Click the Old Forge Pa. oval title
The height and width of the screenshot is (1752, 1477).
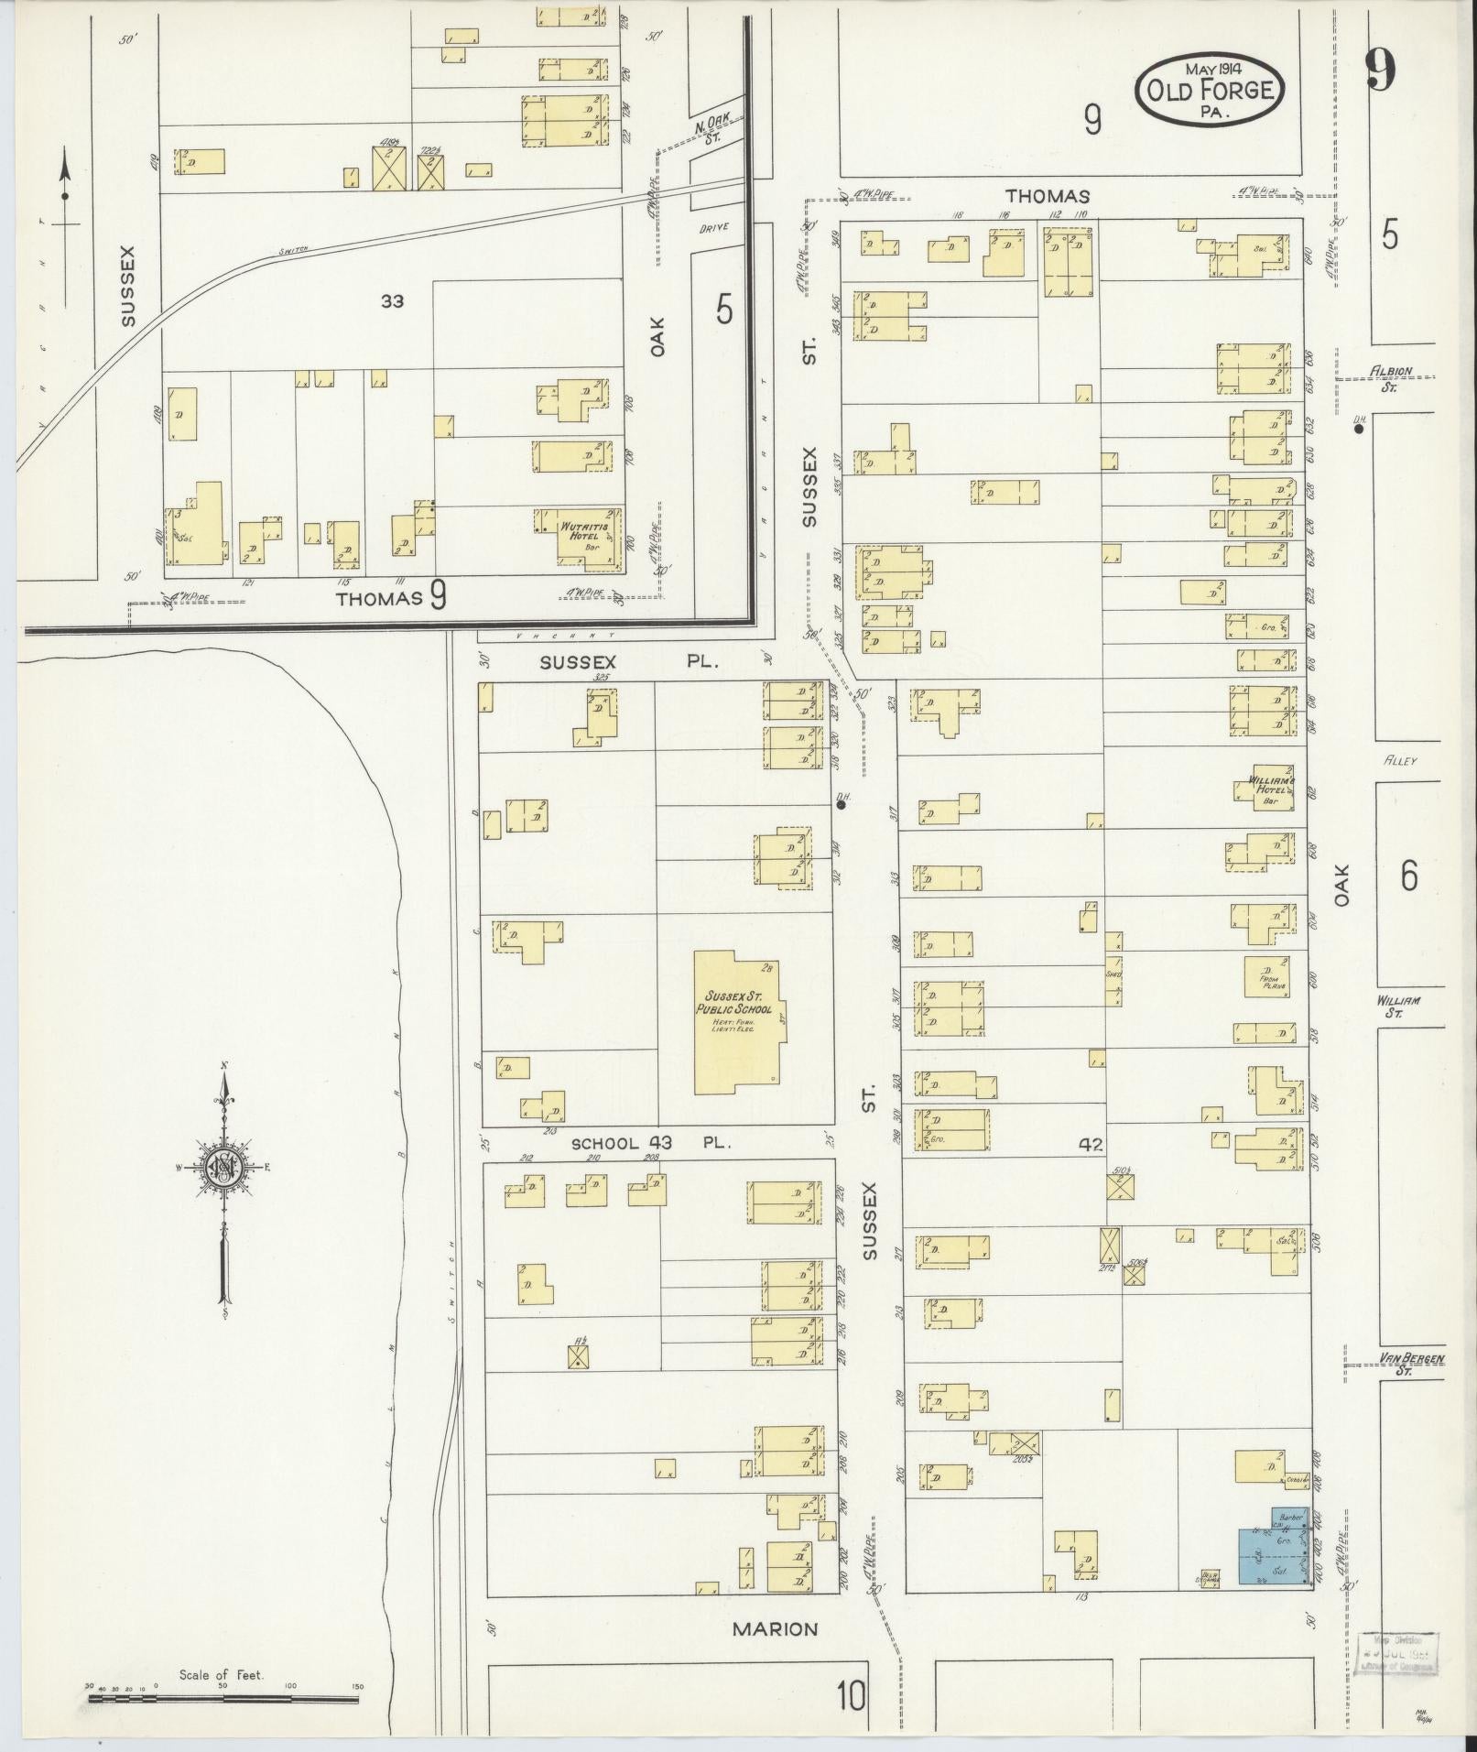pos(1209,89)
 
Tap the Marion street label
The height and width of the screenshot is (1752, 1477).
pos(775,1629)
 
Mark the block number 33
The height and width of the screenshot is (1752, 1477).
pos(392,300)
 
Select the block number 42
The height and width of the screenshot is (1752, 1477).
pos(1090,1144)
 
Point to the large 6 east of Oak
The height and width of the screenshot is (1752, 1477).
pos(1408,876)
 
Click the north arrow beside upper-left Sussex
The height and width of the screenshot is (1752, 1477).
pos(65,183)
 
